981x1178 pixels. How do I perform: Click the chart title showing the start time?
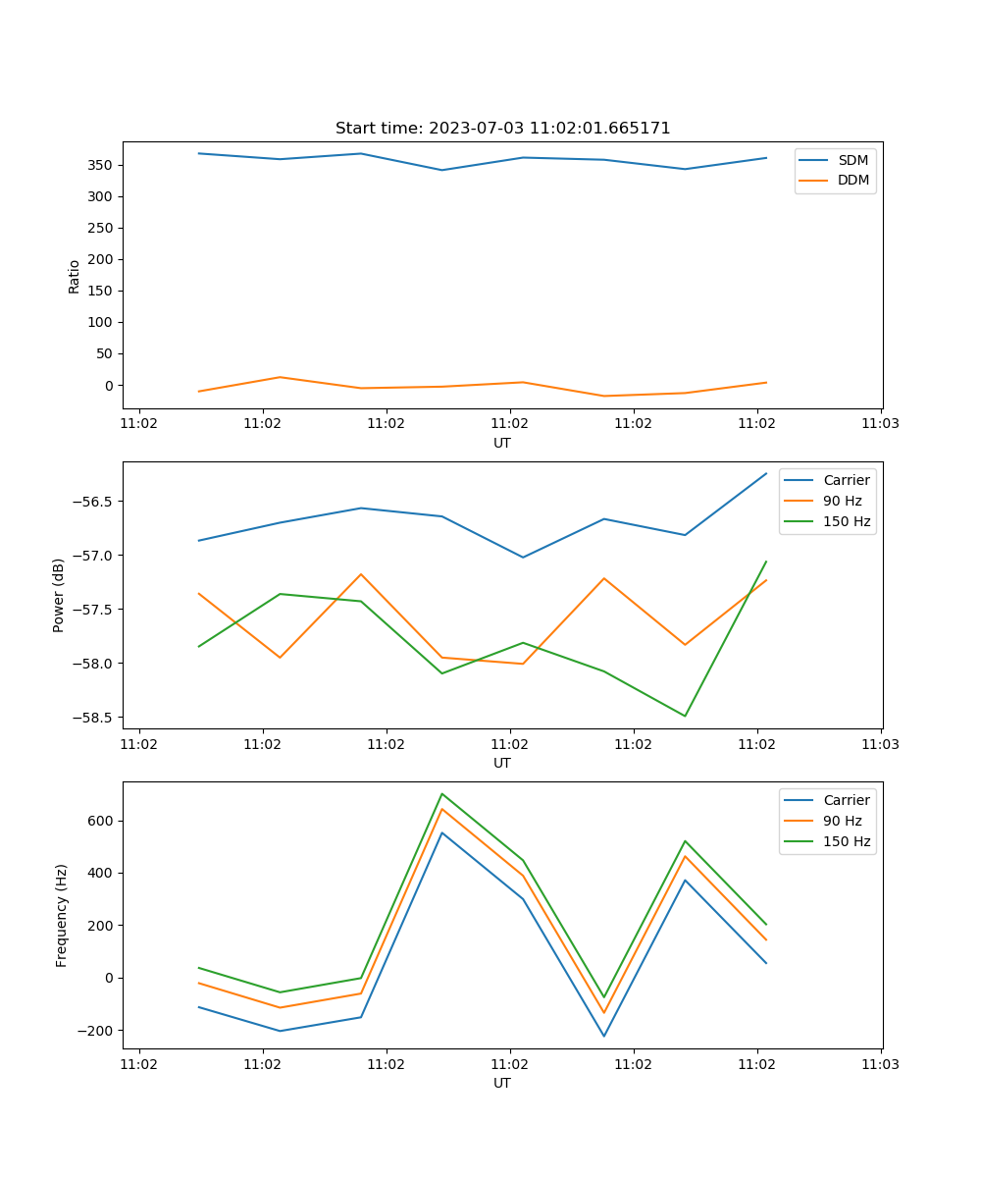pos(502,129)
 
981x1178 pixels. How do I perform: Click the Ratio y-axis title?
pos(75,276)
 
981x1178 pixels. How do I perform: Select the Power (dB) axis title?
pos(59,595)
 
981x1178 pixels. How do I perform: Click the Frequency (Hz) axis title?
pos(62,915)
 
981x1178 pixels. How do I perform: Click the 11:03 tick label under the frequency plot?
pos(880,1063)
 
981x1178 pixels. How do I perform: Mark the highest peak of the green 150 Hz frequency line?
pos(442,793)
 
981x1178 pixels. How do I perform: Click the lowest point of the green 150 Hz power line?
pos(685,716)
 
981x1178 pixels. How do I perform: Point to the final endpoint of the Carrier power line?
pos(766,473)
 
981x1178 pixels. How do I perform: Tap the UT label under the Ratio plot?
pos(502,443)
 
